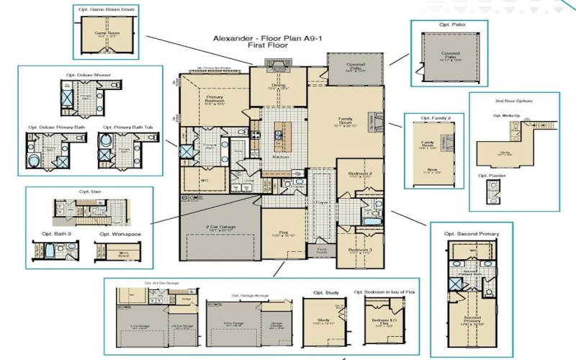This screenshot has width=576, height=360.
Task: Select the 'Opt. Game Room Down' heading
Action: (107, 9)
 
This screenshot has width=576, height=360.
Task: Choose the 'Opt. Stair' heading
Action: (88, 192)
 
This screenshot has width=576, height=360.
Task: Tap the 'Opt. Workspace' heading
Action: (120, 234)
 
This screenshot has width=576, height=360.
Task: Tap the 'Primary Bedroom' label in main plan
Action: (215, 98)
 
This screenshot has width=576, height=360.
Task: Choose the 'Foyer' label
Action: (321, 202)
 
